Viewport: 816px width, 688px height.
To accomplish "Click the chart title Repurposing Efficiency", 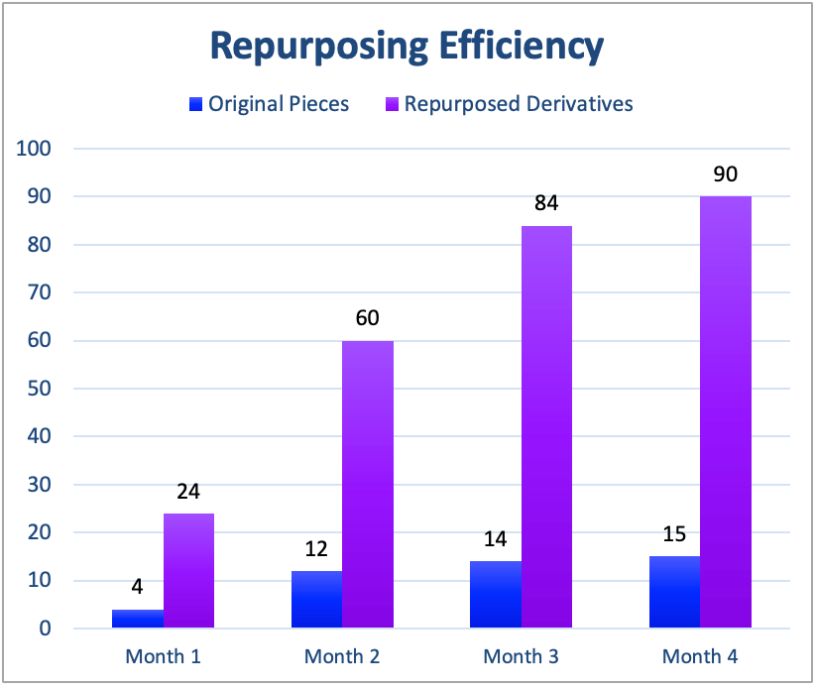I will point(407,46).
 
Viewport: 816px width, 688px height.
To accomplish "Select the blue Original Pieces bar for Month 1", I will point(138,618).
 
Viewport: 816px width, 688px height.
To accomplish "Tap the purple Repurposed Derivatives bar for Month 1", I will point(188,570).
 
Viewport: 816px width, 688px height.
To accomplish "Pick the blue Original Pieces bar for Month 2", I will point(317,599).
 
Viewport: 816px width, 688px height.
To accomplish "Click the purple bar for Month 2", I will point(368,484).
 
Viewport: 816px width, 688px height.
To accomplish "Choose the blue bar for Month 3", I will point(496,594).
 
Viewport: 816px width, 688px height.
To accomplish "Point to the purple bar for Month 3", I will point(546,426).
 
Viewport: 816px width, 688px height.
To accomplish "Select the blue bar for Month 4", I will point(674,592).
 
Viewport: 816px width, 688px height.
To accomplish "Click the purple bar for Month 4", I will point(726,411).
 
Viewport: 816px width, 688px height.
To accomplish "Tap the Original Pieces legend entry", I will point(270,103).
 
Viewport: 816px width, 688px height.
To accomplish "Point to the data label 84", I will point(546,204).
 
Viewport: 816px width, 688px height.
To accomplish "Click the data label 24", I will point(188,492).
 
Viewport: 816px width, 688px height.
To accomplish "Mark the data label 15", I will point(674,535).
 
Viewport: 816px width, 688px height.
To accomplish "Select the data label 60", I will point(368,319).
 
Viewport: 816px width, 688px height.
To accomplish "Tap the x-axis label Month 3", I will point(522,656).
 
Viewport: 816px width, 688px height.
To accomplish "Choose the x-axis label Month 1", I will point(163,656).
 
